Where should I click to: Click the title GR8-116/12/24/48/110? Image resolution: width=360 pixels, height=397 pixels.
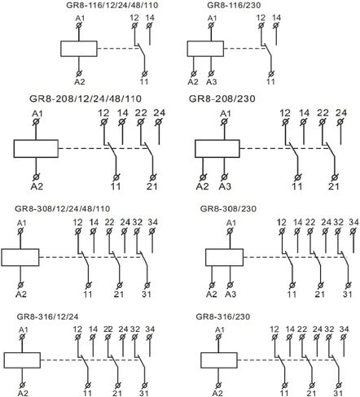click(112, 5)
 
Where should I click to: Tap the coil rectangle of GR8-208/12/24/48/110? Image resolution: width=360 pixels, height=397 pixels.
click(36, 149)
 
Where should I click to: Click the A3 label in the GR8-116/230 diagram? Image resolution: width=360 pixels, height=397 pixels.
click(212, 81)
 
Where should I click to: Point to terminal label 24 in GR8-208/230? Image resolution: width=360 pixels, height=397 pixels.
click(341, 112)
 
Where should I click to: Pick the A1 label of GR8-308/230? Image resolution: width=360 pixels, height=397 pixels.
click(231, 223)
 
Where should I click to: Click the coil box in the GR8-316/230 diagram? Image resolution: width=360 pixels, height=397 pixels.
click(219, 360)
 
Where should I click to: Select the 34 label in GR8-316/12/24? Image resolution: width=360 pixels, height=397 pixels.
click(150, 329)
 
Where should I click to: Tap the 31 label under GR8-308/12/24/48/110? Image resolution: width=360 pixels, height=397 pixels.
click(147, 294)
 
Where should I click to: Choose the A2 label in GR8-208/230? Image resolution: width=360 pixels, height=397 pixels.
click(202, 186)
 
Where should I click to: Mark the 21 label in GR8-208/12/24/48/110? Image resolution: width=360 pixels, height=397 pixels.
click(152, 186)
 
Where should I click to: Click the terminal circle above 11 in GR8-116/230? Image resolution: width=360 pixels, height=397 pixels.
click(271, 73)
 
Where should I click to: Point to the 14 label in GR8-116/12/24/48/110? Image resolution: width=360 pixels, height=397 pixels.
click(150, 18)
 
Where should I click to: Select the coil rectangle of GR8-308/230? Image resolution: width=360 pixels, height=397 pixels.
click(224, 257)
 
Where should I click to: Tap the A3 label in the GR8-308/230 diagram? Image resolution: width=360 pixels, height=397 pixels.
click(230, 294)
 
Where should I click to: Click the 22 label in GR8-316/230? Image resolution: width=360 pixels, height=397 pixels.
click(302, 329)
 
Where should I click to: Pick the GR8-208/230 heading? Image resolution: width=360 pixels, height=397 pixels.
click(222, 98)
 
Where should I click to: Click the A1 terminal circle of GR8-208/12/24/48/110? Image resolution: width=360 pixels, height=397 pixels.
click(36, 122)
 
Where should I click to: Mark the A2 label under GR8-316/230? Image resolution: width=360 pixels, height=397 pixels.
click(217, 393)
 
